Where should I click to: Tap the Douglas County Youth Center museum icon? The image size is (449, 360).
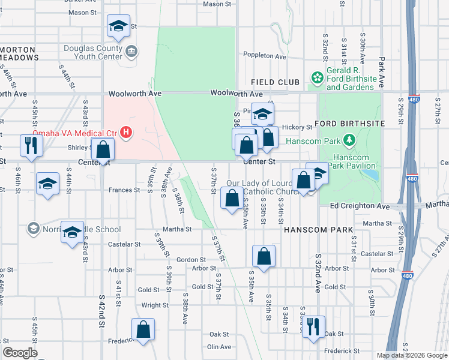(x=131, y=53)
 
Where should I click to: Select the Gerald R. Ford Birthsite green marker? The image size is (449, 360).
(x=317, y=77)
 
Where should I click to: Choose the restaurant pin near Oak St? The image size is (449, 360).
(x=313, y=327)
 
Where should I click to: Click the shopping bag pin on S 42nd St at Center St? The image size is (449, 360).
(x=103, y=150)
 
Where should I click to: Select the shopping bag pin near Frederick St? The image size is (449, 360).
(x=143, y=329)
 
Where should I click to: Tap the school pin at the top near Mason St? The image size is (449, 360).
(x=118, y=26)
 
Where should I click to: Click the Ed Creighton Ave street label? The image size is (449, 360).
(x=360, y=206)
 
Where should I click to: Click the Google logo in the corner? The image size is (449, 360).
(x=20, y=353)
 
